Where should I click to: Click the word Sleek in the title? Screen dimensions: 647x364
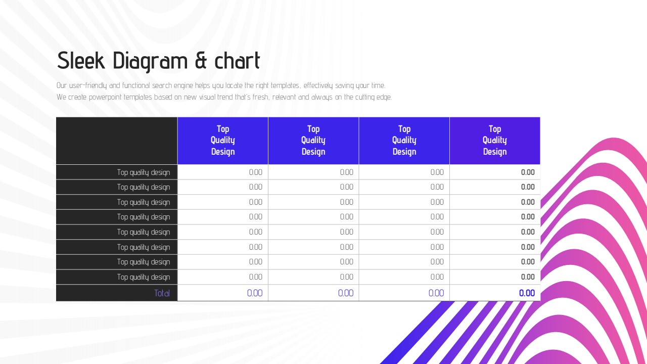coord(81,61)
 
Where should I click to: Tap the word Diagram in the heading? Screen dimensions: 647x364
coord(150,62)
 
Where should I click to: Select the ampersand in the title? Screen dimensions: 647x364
coord(201,61)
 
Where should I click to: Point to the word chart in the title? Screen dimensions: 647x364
coord(237,61)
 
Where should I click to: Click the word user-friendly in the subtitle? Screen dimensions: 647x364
coord(88,85)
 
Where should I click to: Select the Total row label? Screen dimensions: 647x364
coord(162,293)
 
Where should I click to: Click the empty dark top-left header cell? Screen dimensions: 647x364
coord(117,141)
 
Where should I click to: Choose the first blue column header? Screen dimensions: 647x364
coord(223,141)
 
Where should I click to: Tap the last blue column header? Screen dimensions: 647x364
coord(495,141)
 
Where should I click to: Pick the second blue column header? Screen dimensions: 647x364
coord(313,141)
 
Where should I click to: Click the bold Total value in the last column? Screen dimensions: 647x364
coord(527,293)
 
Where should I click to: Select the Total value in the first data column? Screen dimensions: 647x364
coord(255,293)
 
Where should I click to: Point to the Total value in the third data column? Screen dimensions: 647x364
coord(436,293)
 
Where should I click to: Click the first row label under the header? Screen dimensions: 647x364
coord(144,172)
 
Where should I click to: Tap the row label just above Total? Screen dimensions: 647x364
coord(144,277)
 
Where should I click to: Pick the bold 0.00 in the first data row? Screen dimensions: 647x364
coord(528,172)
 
